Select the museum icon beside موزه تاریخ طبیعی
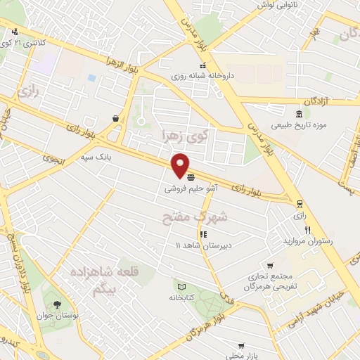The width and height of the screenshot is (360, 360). [300, 114]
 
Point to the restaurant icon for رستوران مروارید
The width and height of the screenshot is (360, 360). [307, 230]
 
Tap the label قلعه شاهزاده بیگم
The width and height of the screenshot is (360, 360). [105, 279]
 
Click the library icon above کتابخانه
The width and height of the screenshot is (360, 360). [181, 287]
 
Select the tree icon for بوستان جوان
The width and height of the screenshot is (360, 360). [57, 304]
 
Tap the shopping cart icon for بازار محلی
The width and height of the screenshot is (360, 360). [241, 346]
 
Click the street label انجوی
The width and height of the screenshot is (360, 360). [52, 159]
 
